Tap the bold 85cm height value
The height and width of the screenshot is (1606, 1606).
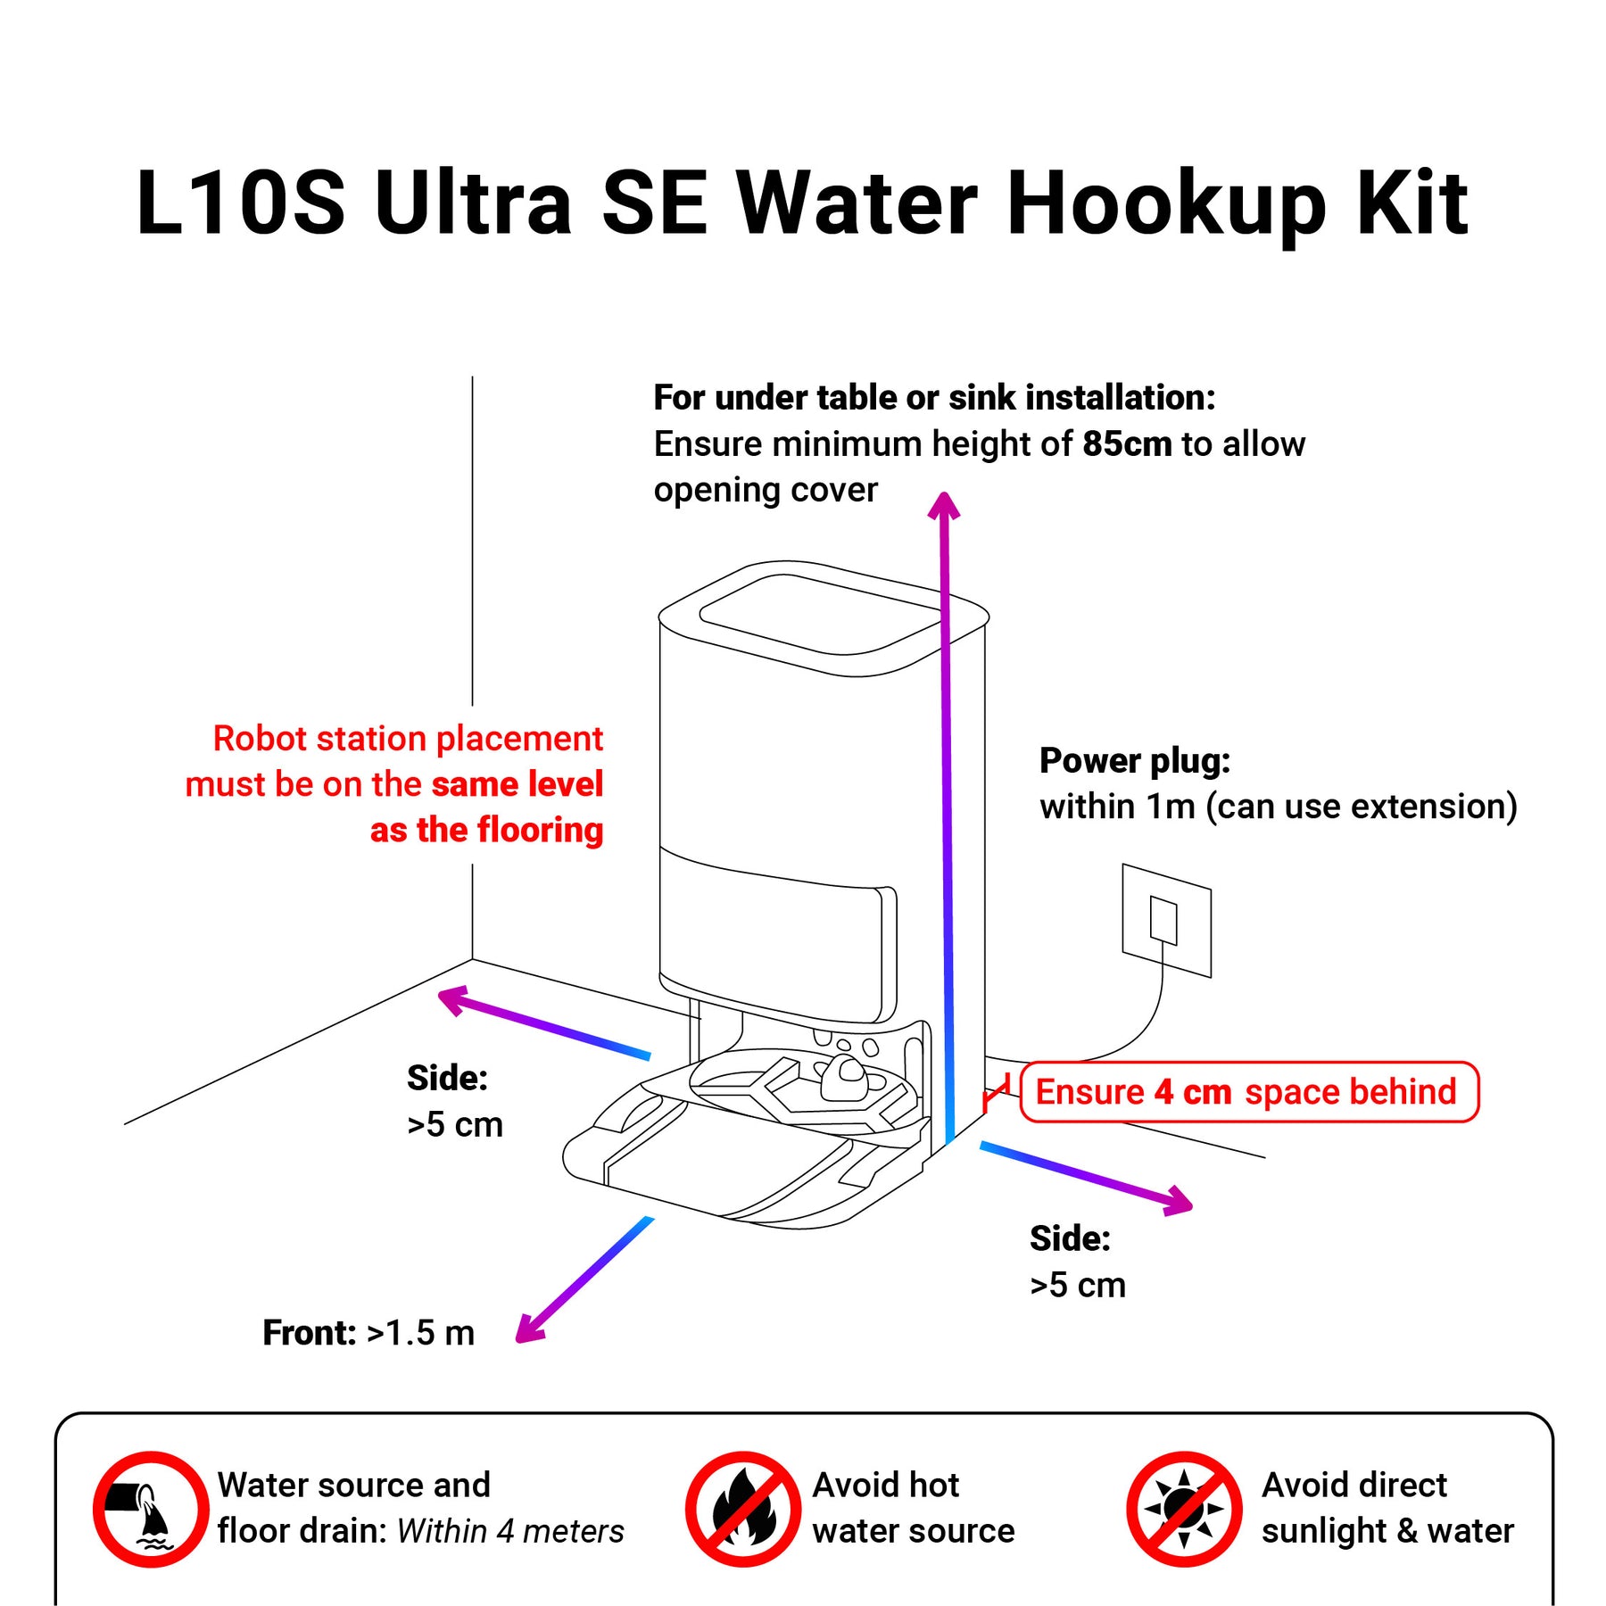click(1127, 444)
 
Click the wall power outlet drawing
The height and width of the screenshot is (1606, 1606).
click(1166, 920)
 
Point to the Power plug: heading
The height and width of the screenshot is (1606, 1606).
click(1135, 761)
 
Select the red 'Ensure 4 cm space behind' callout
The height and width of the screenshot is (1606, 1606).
click(1248, 1091)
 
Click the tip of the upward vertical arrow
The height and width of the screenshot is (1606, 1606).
click(943, 493)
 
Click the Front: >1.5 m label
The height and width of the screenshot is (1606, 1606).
click(368, 1333)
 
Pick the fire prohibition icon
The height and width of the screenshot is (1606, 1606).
click(742, 1509)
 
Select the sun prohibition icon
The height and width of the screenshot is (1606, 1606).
click(1184, 1509)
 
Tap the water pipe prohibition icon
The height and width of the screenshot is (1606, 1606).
click(151, 1509)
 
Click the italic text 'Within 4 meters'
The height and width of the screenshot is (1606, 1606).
click(510, 1532)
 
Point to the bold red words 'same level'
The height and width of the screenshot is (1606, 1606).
click(517, 784)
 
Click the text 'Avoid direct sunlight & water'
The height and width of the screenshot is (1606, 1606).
click(1387, 1509)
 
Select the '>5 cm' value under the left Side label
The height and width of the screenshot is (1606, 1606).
click(455, 1125)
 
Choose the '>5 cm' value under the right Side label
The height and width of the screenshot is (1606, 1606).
click(1078, 1286)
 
